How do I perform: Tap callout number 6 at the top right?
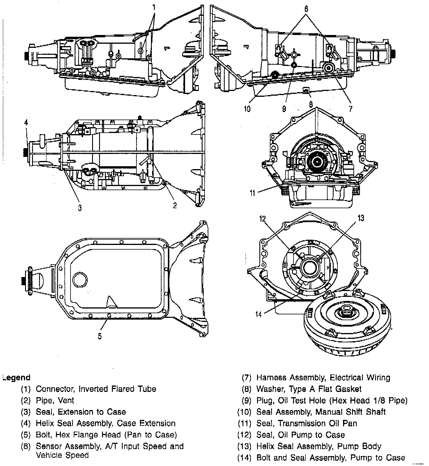click(306, 9)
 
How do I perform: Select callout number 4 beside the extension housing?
click(26, 123)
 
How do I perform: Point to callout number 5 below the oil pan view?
click(100, 336)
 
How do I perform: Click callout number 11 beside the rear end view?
click(252, 193)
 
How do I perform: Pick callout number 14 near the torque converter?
click(259, 314)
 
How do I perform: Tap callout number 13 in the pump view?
click(361, 218)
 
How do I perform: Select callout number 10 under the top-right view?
click(247, 109)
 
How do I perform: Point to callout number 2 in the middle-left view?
click(175, 206)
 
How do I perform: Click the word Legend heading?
click(17, 378)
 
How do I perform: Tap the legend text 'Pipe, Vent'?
click(55, 400)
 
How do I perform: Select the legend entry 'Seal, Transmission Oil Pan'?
click(307, 423)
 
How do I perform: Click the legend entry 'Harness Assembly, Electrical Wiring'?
click(323, 378)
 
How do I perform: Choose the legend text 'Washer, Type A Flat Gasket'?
click(309, 389)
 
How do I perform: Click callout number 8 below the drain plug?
click(311, 104)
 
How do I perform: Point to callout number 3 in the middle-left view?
click(80, 208)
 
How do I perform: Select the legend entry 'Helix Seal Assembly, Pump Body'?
click(319, 446)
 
